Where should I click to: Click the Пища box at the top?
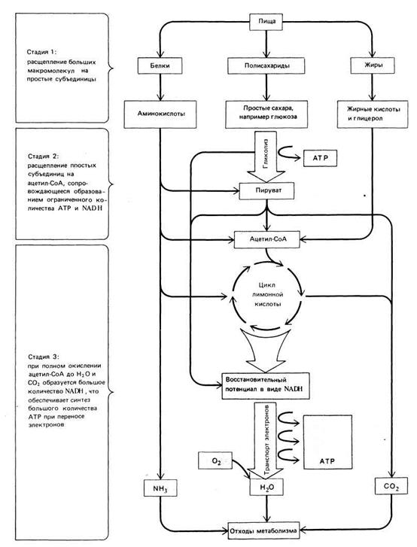(x=267, y=21)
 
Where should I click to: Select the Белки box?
(x=160, y=65)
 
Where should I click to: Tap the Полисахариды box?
(x=266, y=65)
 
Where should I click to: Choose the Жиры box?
(x=373, y=65)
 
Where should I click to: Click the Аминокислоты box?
(x=160, y=114)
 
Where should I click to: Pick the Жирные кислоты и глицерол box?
(x=373, y=114)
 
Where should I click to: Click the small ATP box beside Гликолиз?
(x=321, y=158)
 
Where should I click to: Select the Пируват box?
(x=266, y=191)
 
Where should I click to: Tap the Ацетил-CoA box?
(x=267, y=239)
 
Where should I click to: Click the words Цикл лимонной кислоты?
(x=267, y=294)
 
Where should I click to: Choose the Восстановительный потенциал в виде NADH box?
(x=266, y=386)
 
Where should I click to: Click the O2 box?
(x=215, y=460)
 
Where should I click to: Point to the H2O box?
(x=266, y=487)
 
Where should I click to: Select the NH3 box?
(x=160, y=488)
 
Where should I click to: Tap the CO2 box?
(x=391, y=486)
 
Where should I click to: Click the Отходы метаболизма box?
(x=263, y=531)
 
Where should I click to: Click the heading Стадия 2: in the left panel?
(x=44, y=156)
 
